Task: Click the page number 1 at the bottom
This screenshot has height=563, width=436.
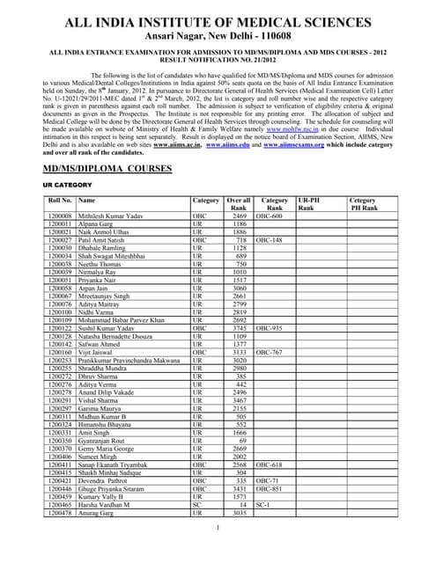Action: coord(218,527)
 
